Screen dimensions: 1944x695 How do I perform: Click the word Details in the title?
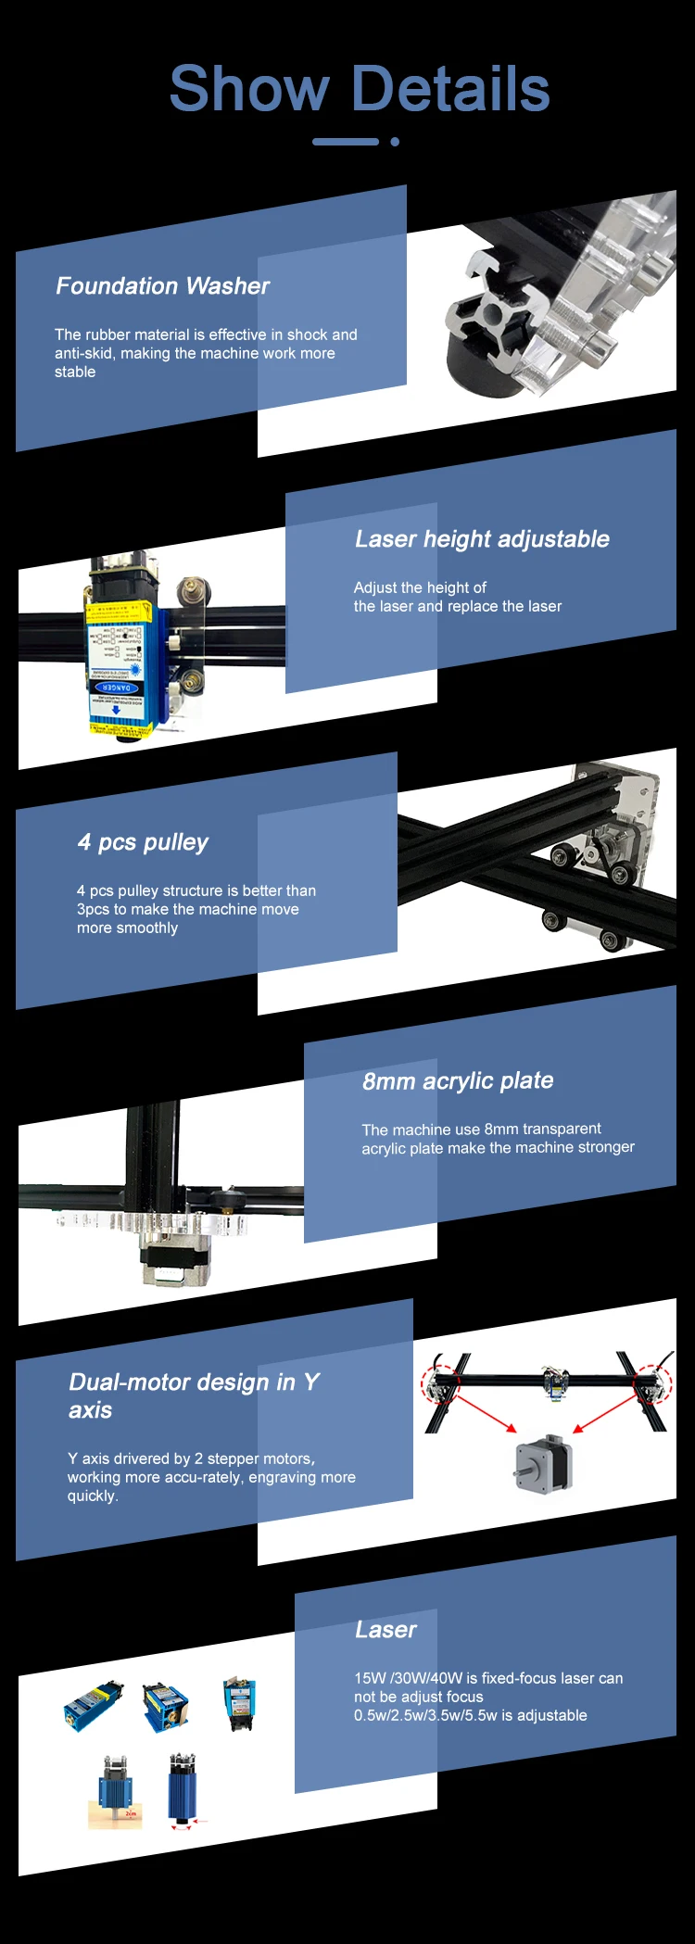tap(451, 90)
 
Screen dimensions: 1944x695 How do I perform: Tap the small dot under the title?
tap(395, 142)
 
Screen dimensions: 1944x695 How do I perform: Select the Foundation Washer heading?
tap(162, 286)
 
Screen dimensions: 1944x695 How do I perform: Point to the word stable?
tap(75, 372)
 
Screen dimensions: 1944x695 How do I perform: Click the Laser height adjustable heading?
tap(482, 539)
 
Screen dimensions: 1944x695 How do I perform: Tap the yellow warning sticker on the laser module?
tap(118, 612)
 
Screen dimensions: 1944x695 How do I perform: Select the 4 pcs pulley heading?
tap(143, 842)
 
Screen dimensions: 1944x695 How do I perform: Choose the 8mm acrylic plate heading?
tap(458, 1081)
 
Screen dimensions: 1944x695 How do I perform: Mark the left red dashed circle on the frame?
tap(440, 1383)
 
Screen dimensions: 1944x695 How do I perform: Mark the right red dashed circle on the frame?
tap(652, 1383)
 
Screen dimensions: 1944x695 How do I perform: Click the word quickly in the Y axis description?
tap(92, 1496)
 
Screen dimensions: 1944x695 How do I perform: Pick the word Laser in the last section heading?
tap(385, 1630)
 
